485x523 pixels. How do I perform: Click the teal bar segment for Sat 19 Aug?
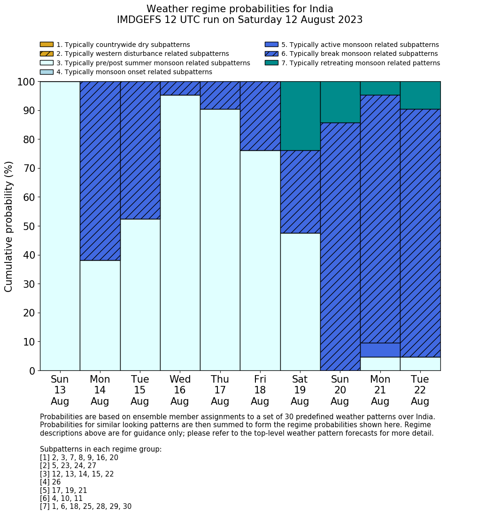click(300, 116)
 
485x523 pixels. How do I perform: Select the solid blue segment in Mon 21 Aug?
click(380, 350)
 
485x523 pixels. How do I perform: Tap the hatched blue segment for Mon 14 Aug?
click(100, 171)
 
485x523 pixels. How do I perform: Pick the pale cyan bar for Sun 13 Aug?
click(60, 226)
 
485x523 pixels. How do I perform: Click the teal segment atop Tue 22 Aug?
click(420, 95)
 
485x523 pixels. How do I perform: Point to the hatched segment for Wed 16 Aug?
click(180, 88)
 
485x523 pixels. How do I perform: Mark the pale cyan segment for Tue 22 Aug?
click(420, 364)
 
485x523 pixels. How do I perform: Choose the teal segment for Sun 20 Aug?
click(340, 102)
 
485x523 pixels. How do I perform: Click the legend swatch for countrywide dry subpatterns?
click(46, 45)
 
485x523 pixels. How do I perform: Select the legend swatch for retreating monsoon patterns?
click(271, 63)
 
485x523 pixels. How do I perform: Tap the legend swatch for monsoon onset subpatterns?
click(46, 72)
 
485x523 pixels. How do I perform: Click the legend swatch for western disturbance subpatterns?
click(46, 54)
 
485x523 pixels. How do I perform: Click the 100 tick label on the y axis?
click(26, 82)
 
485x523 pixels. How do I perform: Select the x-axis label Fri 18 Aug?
click(260, 390)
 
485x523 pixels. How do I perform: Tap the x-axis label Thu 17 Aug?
click(220, 390)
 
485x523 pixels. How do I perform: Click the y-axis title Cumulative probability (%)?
click(9, 226)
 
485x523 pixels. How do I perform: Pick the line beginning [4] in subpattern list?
click(50, 482)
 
